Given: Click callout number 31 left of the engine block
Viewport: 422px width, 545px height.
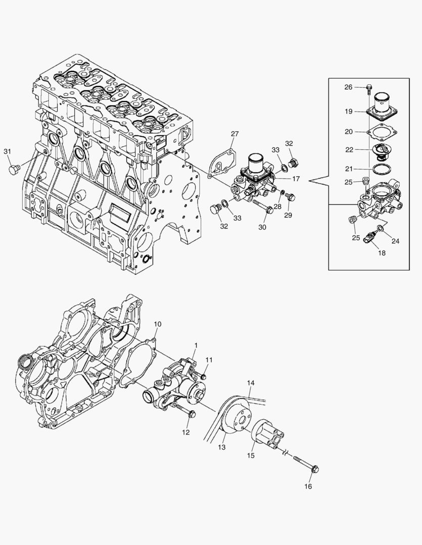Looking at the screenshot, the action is pyautogui.click(x=7, y=151).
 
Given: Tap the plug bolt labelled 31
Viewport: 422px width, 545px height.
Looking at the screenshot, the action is pyautogui.click(x=14, y=170).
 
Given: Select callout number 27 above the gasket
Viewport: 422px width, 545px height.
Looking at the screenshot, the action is pyautogui.click(x=235, y=134).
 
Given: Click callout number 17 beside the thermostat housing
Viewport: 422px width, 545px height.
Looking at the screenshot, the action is pyautogui.click(x=296, y=179).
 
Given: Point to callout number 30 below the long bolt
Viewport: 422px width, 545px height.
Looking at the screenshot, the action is pyautogui.click(x=262, y=227).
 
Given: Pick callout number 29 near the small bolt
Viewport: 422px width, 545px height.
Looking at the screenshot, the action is pyautogui.click(x=288, y=215).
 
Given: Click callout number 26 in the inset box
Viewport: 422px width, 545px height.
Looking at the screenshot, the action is pyautogui.click(x=349, y=87).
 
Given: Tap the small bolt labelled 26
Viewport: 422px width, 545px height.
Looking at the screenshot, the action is pyautogui.click(x=368, y=89).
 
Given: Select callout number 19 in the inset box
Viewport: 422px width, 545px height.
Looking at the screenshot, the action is pyautogui.click(x=349, y=112).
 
